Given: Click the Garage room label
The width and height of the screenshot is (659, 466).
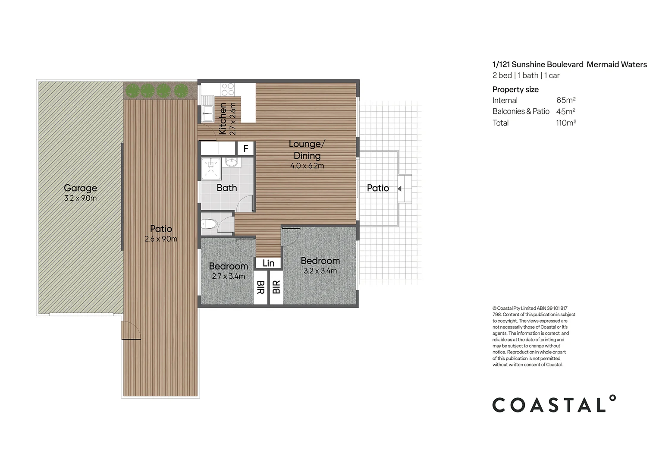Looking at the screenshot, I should [80, 188].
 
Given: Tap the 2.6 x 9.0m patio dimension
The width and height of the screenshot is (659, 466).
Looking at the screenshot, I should [161, 239].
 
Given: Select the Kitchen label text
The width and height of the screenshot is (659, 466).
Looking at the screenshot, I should [223, 119].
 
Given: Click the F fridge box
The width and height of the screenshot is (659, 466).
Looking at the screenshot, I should [246, 149].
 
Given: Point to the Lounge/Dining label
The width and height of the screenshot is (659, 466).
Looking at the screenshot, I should [307, 150].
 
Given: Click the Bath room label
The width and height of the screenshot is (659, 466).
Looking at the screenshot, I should [227, 188].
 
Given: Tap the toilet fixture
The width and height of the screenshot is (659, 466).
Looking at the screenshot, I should [208, 224].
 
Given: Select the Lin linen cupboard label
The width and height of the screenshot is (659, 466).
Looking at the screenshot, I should [268, 263].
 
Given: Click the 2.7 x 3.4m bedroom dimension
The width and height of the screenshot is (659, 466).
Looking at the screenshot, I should [228, 277].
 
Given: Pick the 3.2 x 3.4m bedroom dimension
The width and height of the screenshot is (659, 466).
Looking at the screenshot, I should [320, 271].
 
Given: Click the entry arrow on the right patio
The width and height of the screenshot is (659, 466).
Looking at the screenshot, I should [399, 189].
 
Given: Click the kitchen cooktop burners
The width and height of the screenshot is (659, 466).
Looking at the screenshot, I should [228, 89].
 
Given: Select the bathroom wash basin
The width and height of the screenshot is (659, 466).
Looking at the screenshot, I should [232, 162].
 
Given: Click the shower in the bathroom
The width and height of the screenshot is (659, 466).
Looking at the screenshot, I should [211, 169].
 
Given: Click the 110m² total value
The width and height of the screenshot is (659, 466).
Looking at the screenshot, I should [566, 123].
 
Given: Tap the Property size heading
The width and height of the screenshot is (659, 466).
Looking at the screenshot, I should [515, 90].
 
